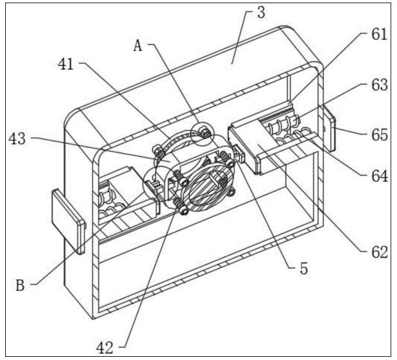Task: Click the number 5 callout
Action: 302,269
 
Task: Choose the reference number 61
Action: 379,35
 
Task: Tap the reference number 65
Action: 379,135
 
